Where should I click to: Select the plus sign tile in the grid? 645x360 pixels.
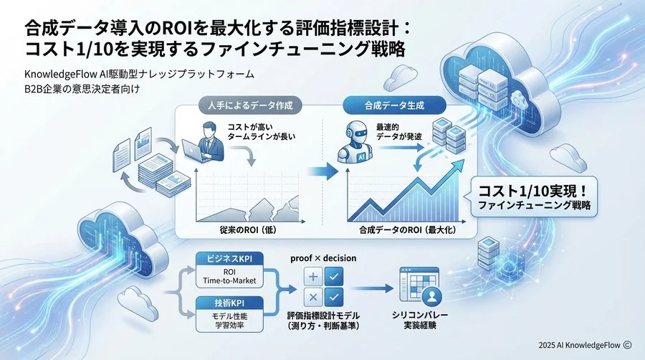pyautogui.click(x=312, y=277)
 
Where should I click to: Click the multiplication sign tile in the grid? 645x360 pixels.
pyautogui.click(x=312, y=298)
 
